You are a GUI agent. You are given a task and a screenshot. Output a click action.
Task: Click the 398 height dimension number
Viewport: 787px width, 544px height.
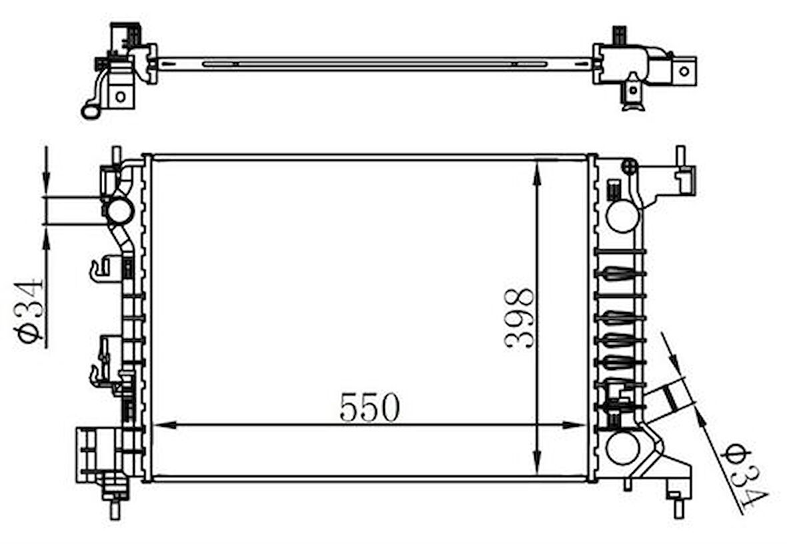(518, 319)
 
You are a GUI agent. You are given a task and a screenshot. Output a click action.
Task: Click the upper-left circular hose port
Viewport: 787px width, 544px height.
(119, 211)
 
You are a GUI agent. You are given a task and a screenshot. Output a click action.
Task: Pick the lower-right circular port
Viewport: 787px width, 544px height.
(622, 448)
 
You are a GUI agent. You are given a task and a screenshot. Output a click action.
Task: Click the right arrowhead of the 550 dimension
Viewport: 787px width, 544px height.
(575, 425)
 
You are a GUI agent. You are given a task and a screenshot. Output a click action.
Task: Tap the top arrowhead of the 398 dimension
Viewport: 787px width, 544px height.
(538, 171)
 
